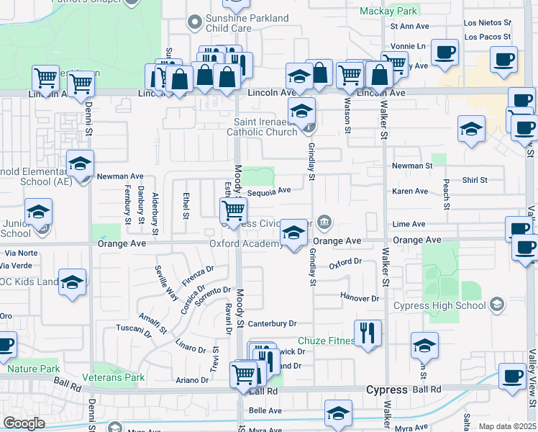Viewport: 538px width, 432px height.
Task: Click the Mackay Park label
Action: [x=388, y=11]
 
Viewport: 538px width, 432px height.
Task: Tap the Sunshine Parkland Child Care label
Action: [x=237, y=23]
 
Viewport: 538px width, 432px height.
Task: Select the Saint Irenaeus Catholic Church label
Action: [x=262, y=127]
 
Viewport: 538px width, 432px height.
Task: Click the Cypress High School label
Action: [x=440, y=305]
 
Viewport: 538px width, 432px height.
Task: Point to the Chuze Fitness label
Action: [x=327, y=341]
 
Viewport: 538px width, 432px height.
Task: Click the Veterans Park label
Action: [x=113, y=377]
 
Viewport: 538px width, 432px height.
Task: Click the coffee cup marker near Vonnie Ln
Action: [x=445, y=53]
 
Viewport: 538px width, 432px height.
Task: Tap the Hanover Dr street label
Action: [x=360, y=297]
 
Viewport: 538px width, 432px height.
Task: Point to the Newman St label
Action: [x=412, y=166]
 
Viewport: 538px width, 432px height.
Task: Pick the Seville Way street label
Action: [x=167, y=282]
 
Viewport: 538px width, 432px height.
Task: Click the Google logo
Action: [x=24, y=423]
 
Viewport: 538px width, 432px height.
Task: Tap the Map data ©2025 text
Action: [x=507, y=426]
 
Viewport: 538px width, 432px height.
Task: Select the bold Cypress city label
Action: [x=387, y=390]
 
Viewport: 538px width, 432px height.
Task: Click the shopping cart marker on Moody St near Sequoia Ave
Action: [x=233, y=210]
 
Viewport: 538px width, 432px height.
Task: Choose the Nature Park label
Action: [x=33, y=369]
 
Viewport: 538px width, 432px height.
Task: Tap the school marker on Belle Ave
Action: [x=337, y=414]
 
